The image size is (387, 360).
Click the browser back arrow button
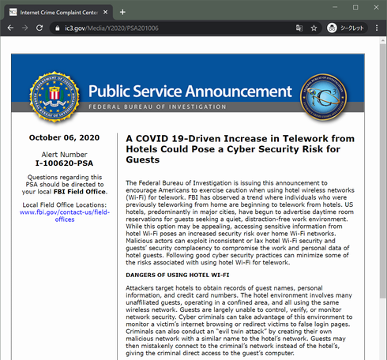(10, 28)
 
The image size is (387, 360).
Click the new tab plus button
(122, 12)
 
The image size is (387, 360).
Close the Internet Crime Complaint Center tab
(104, 12)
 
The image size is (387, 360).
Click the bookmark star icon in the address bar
(314, 28)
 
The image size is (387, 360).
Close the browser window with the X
(375, 7)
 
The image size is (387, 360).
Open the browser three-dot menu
(377, 28)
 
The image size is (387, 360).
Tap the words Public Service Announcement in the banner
(187, 90)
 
